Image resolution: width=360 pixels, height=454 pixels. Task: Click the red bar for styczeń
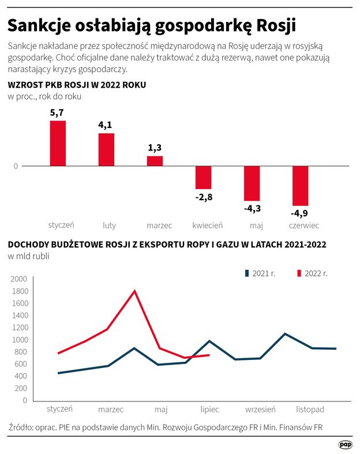[x=58, y=143]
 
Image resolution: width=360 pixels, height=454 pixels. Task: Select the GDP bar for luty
[x=106, y=149]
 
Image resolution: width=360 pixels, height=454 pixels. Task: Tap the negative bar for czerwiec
[x=300, y=186]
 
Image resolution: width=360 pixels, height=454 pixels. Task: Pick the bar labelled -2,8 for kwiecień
[x=203, y=178]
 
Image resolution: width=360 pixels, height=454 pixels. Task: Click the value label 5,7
[x=58, y=112]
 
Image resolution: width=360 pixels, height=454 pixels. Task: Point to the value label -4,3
[x=252, y=208]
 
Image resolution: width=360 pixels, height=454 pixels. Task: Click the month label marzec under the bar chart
[x=159, y=225]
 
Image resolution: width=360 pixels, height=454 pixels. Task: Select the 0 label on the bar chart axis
[x=16, y=166]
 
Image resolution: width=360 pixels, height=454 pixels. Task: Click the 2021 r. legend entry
[x=261, y=273]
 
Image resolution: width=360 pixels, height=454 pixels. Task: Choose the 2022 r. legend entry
[x=312, y=273]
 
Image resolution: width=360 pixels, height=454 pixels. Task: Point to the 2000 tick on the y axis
[x=19, y=279]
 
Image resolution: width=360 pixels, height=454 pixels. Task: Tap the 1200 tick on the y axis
[x=19, y=327]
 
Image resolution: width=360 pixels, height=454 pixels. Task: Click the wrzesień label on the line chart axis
[x=260, y=410]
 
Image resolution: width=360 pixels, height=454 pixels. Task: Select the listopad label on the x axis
[x=310, y=410]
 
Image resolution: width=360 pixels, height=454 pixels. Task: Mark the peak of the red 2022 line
[x=135, y=291]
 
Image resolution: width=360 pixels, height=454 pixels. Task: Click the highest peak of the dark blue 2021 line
[x=285, y=334]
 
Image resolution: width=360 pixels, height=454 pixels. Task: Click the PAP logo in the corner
[x=345, y=444]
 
